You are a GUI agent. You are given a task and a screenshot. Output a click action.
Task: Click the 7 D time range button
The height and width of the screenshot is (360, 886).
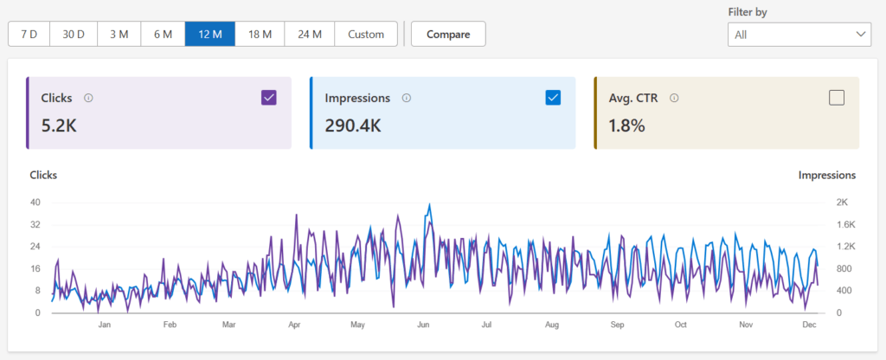click(x=29, y=34)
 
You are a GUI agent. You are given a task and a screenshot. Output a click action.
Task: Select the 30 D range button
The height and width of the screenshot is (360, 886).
click(x=73, y=34)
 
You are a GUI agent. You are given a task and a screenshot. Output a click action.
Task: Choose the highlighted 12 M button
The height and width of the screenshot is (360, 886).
click(x=210, y=34)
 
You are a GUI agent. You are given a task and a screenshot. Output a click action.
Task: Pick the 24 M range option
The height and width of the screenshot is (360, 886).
click(x=310, y=34)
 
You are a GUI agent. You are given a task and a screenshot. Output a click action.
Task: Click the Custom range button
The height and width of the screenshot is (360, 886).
click(x=366, y=34)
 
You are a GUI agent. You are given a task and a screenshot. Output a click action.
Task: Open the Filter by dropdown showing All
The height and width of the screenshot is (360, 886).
click(x=799, y=35)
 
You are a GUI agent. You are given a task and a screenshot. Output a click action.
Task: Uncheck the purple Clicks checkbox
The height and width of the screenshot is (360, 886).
click(x=269, y=98)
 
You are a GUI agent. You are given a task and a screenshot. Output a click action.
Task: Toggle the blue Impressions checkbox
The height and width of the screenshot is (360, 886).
click(x=553, y=98)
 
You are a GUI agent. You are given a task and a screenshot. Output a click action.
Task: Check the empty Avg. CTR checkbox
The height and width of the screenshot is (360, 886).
click(x=837, y=98)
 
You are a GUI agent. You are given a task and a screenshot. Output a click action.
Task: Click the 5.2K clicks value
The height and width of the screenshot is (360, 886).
click(x=60, y=125)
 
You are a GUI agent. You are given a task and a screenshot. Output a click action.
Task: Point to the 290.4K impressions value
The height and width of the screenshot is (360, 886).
click(x=353, y=125)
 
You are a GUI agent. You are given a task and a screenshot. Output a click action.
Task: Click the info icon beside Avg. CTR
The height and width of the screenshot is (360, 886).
click(x=674, y=98)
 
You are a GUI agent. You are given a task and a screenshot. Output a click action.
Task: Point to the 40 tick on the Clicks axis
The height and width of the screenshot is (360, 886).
click(x=35, y=202)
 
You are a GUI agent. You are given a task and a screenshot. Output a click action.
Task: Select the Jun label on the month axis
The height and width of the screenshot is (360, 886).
click(x=424, y=325)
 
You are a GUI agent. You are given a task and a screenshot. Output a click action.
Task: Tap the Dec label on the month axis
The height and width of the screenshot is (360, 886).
click(x=809, y=325)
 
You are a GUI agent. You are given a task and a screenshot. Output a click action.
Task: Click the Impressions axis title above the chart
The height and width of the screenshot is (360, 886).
click(x=826, y=175)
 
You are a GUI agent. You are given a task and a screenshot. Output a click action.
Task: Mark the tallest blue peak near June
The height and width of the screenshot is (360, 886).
click(x=429, y=206)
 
